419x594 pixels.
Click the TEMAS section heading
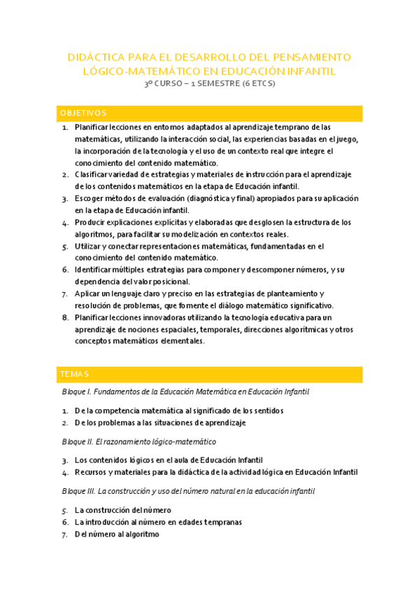[75, 374]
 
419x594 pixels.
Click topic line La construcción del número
[122, 511]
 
